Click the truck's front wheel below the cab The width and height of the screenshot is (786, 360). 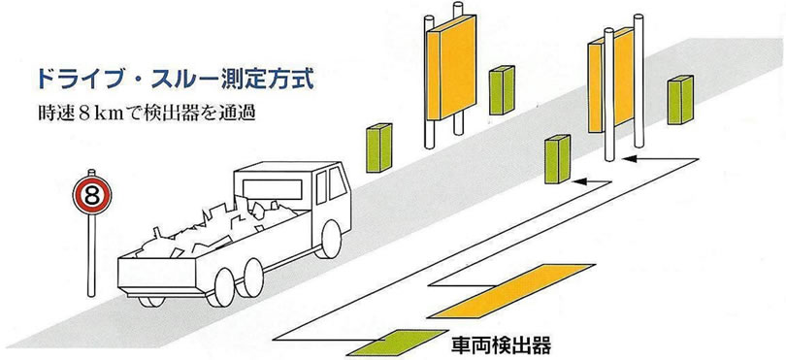point(330,240)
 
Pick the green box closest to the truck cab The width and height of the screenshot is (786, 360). point(377,149)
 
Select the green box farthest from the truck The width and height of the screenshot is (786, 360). point(678,101)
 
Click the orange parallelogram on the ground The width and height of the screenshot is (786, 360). point(509,289)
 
